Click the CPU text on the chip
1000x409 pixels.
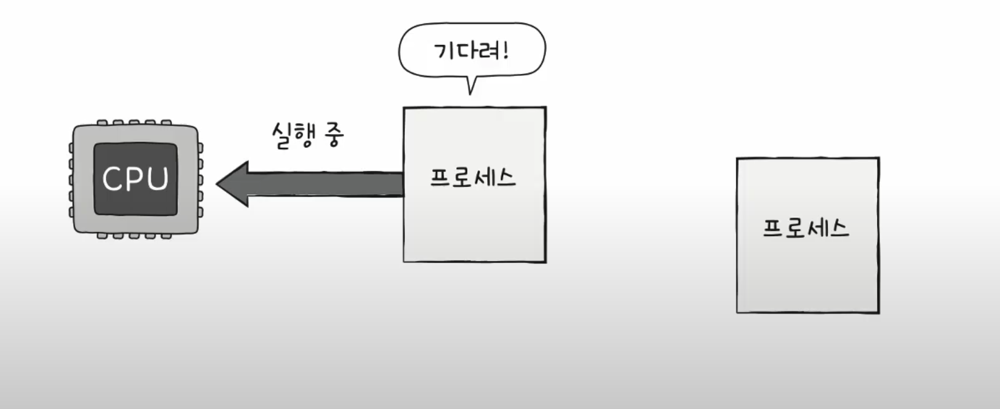point(136,178)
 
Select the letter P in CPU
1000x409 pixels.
point(135,178)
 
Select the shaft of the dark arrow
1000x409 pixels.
point(325,184)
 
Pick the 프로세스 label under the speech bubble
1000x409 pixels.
point(472,177)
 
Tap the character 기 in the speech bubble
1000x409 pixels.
point(443,51)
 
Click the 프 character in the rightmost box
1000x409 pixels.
point(773,228)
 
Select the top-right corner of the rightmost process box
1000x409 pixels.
point(879,158)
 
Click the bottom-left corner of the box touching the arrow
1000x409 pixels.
point(404,261)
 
